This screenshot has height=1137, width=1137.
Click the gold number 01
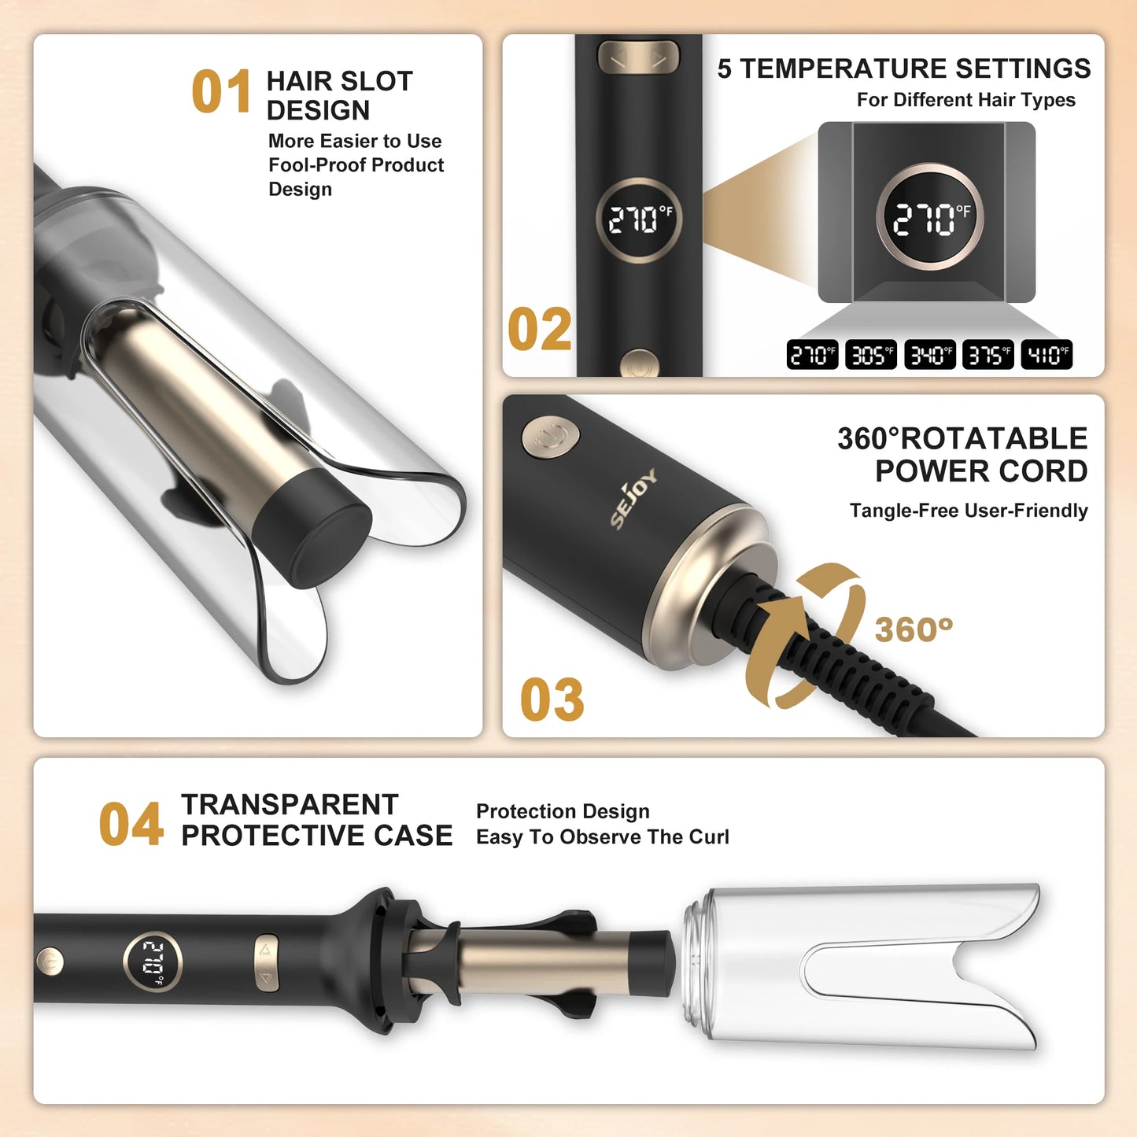[x=221, y=92]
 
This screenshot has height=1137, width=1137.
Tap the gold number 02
[x=540, y=330]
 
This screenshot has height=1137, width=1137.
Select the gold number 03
[x=552, y=700]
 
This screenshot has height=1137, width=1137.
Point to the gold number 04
[x=131, y=825]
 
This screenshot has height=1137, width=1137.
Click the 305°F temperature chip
[x=871, y=355]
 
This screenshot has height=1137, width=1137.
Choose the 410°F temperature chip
[x=1047, y=355]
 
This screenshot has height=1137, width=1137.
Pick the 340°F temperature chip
[x=929, y=355]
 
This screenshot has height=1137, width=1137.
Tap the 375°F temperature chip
[x=988, y=355]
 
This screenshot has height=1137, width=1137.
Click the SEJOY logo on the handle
[x=633, y=498]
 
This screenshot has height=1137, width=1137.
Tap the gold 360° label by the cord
[x=914, y=629]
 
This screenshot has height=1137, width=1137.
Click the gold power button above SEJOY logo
[x=551, y=437]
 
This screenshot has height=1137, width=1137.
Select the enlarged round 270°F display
[x=930, y=218]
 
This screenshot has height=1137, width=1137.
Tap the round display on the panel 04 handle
[x=153, y=961]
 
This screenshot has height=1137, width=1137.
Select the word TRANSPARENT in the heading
[x=290, y=804]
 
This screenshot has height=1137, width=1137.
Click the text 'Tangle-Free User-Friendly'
[x=969, y=511]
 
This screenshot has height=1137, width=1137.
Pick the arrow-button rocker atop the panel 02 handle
[x=638, y=57]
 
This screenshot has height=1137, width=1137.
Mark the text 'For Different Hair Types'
[x=965, y=100]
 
